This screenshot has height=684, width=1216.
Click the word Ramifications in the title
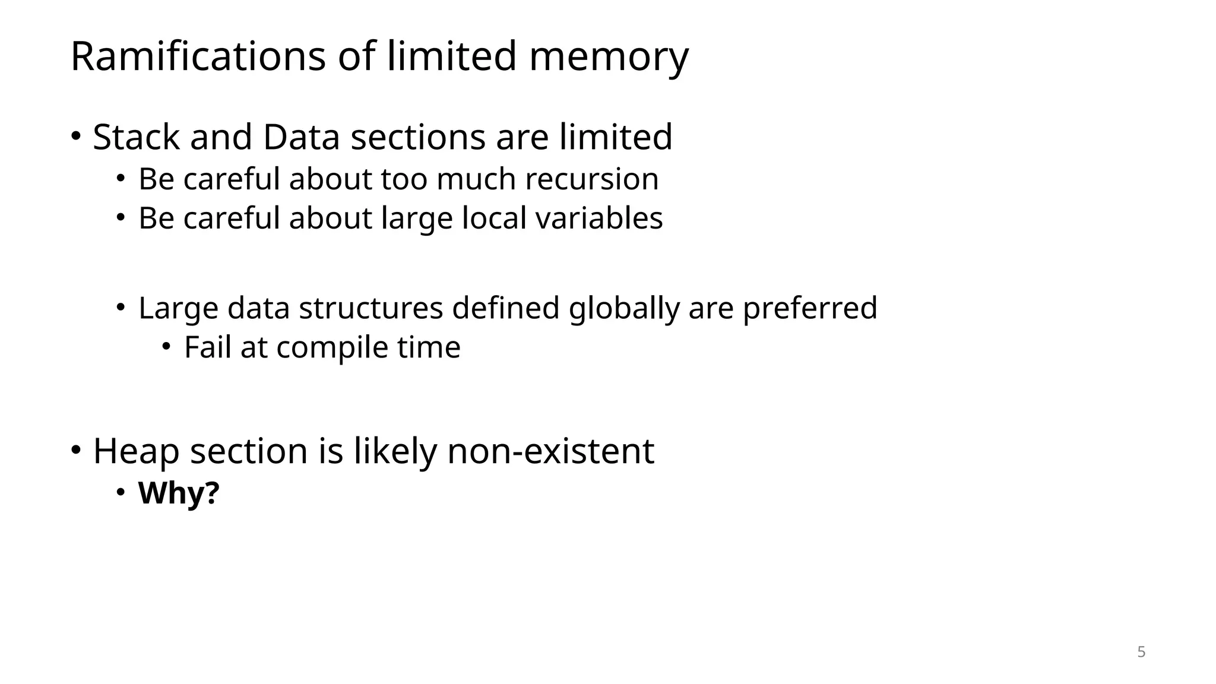(198, 56)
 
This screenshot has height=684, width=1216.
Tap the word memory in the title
(609, 58)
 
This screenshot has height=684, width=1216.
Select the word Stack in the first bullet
(136, 137)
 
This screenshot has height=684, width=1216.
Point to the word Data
(301, 137)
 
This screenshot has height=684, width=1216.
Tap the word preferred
(810, 309)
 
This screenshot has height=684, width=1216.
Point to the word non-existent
(550, 451)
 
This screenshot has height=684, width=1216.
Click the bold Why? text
(179, 493)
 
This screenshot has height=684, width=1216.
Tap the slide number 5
(1141, 652)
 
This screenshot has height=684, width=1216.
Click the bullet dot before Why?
(121, 492)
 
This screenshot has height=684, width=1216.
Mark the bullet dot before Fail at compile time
(166, 346)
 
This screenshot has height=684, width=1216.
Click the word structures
(370, 308)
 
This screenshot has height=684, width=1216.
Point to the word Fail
(207, 347)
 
